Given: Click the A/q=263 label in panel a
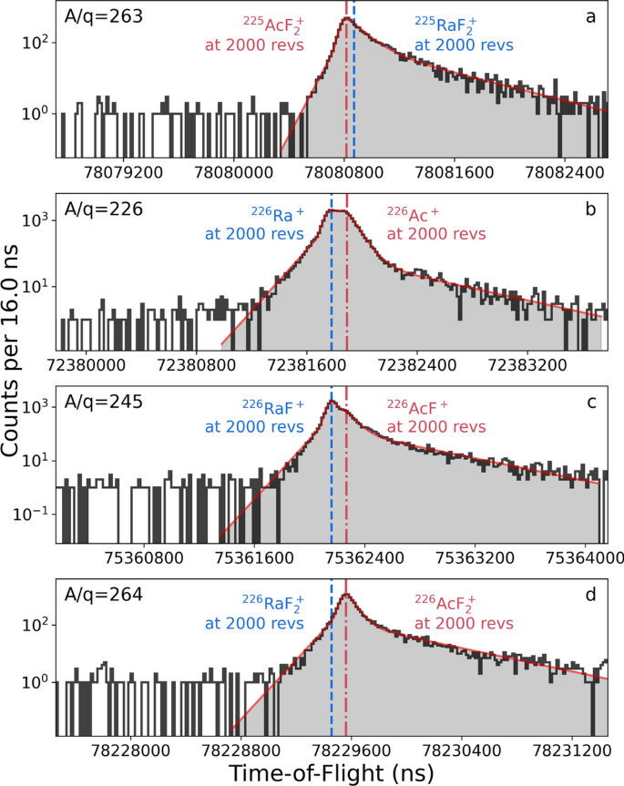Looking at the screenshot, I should [x=103, y=17].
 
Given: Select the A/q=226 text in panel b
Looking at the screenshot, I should [x=103, y=209].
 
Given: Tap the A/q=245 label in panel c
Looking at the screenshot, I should [x=103, y=403].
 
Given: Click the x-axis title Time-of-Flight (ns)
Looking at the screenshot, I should [x=332, y=771].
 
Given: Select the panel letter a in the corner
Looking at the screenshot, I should [x=590, y=17].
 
